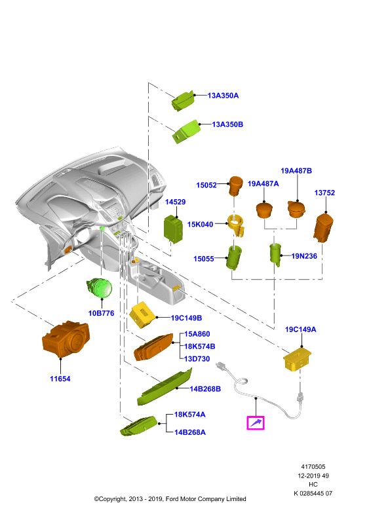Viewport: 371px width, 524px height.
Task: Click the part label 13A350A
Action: coord(223,96)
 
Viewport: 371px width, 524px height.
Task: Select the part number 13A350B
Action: coord(227,124)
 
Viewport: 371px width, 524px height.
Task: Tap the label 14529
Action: coord(175,202)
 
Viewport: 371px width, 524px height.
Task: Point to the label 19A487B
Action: coord(296,171)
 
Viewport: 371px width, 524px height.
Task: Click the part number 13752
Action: coord(324,193)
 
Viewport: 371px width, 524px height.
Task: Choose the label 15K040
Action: coord(200,224)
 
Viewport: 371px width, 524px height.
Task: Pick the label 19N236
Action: coord(304,256)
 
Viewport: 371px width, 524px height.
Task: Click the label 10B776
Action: coord(101,313)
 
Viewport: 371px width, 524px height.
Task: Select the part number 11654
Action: coord(60,379)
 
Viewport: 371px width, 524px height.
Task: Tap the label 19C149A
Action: coord(300,329)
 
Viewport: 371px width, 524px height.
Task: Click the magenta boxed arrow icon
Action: coord(256,422)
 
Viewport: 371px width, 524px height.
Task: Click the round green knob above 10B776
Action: coord(100,288)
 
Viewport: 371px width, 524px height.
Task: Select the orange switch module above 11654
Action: coord(66,339)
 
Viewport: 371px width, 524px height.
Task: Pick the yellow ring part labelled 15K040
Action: coord(236,225)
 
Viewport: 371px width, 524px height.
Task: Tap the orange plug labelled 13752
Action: coord(323,228)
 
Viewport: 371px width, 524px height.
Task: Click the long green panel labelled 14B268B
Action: coord(165,387)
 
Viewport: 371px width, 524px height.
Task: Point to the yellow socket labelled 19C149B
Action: coord(142,315)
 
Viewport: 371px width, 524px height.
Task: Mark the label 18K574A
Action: coord(189,415)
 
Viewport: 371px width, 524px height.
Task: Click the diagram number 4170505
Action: coord(313,466)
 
